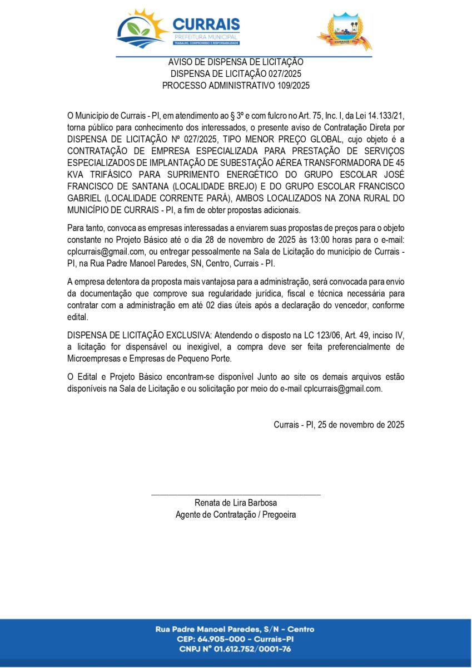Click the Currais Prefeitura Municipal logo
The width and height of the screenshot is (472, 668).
[x=178, y=29]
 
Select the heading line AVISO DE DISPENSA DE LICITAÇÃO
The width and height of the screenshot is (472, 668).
[x=236, y=62]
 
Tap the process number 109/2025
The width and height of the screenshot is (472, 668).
[x=293, y=86]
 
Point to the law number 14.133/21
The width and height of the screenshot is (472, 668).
[x=385, y=116]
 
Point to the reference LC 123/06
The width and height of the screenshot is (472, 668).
[x=325, y=335]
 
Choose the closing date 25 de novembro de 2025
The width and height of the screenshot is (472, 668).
[x=360, y=424]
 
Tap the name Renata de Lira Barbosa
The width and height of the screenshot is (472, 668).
[x=236, y=503]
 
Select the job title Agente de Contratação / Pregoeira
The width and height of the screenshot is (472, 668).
[x=236, y=514]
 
